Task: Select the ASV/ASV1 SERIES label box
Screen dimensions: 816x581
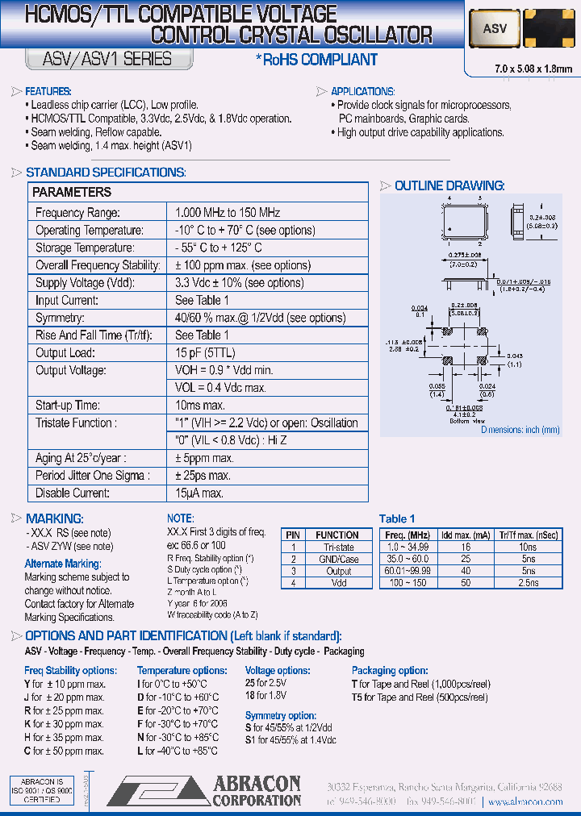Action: pos(100,59)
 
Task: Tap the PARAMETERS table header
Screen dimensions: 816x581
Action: pos(72,192)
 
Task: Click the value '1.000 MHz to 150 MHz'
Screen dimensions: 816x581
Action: pos(228,212)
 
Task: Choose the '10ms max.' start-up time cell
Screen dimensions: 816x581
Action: pos(200,405)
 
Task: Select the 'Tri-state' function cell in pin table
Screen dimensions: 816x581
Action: pos(339,547)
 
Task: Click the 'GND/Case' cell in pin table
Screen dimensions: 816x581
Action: pos(338,559)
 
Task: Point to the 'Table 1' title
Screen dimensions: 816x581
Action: pos(398,518)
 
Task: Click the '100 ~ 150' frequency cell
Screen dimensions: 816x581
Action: pos(407,581)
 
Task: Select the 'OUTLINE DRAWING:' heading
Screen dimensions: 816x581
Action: pos(449,186)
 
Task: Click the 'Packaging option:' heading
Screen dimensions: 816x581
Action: pos(390,670)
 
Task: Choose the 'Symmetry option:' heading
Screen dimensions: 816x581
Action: pos(280,715)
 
